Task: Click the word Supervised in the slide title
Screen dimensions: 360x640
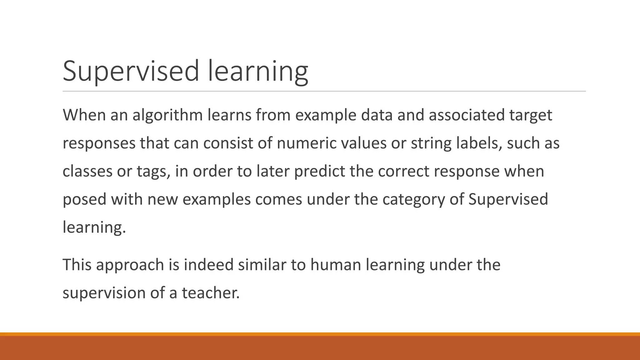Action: (x=131, y=71)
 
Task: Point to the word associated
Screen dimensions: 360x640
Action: (x=467, y=115)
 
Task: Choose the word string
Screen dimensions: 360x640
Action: (x=431, y=143)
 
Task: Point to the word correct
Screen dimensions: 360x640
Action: (x=403, y=171)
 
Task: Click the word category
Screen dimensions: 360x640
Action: (x=413, y=200)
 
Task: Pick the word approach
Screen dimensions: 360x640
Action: (x=130, y=265)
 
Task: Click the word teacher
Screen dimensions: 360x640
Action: (x=210, y=293)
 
